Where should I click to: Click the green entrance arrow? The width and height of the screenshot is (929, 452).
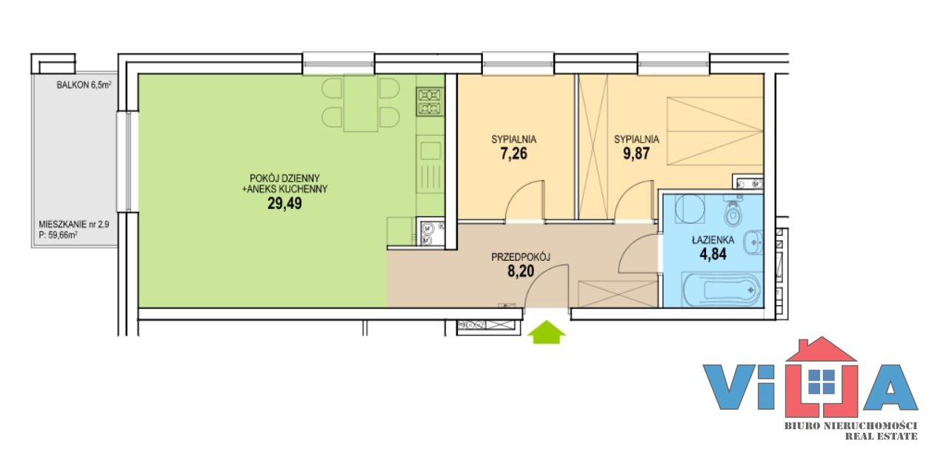[547, 332]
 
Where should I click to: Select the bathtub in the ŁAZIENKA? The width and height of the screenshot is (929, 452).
[722, 290]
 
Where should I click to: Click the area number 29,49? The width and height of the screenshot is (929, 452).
[284, 204]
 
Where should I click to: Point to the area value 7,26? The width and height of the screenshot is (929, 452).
[514, 154]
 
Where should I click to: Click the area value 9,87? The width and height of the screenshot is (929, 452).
[636, 154]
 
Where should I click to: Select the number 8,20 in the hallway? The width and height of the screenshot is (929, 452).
[521, 271]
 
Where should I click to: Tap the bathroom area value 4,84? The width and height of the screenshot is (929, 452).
[713, 253]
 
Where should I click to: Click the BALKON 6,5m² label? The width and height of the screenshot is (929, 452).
[84, 85]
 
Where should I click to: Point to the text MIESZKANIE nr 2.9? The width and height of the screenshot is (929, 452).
[74, 225]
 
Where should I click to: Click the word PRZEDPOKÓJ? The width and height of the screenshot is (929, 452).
[521, 258]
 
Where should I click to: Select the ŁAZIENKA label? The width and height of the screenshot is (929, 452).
[713, 239]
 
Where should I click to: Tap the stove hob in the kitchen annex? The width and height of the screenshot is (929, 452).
[430, 102]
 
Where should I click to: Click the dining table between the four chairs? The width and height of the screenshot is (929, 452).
[361, 103]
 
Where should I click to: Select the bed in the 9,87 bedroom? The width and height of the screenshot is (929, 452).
[715, 131]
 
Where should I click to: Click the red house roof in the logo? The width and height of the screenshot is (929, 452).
[821, 350]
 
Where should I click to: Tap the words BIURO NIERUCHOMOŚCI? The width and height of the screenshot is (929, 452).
[850, 426]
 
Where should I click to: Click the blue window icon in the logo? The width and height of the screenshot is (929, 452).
[822, 382]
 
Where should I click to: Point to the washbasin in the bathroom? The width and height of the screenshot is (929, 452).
[753, 242]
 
